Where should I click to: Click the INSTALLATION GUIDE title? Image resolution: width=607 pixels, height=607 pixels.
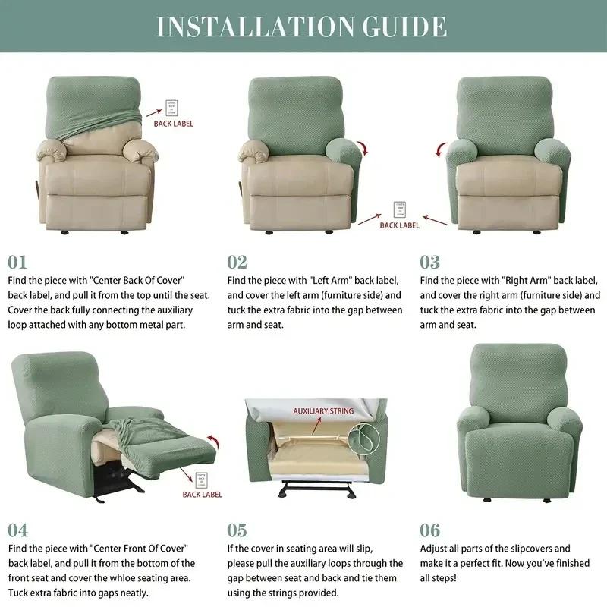click(x=301, y=26)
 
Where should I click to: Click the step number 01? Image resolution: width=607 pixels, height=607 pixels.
click(x=17, y=263)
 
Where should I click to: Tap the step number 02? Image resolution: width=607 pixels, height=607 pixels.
click(x=237, y=263)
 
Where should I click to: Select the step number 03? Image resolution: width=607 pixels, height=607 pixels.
click(x=430, y=263)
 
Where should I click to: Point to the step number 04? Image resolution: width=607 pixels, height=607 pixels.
click(x=18, y=530)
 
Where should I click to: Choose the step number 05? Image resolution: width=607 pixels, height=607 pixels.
click(x=237, y=530)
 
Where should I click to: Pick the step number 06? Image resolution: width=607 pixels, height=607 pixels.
click(x=430, y=530)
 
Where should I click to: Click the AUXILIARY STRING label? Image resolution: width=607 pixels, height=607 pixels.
click(x=323, y=411)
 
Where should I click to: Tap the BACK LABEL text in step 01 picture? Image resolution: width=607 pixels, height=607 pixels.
click(x=174, y=124)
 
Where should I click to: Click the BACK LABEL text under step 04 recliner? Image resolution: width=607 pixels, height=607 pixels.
click(x=202, y=495)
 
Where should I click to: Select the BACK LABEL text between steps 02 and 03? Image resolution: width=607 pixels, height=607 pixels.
click(x=399, y=225)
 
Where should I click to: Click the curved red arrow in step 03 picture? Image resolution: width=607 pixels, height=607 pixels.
click(x=440, y=149)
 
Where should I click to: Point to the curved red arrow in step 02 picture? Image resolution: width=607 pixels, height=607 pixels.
click(x=363, y=147)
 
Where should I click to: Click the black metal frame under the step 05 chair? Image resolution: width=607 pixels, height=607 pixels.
click(x=316, y=494)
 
